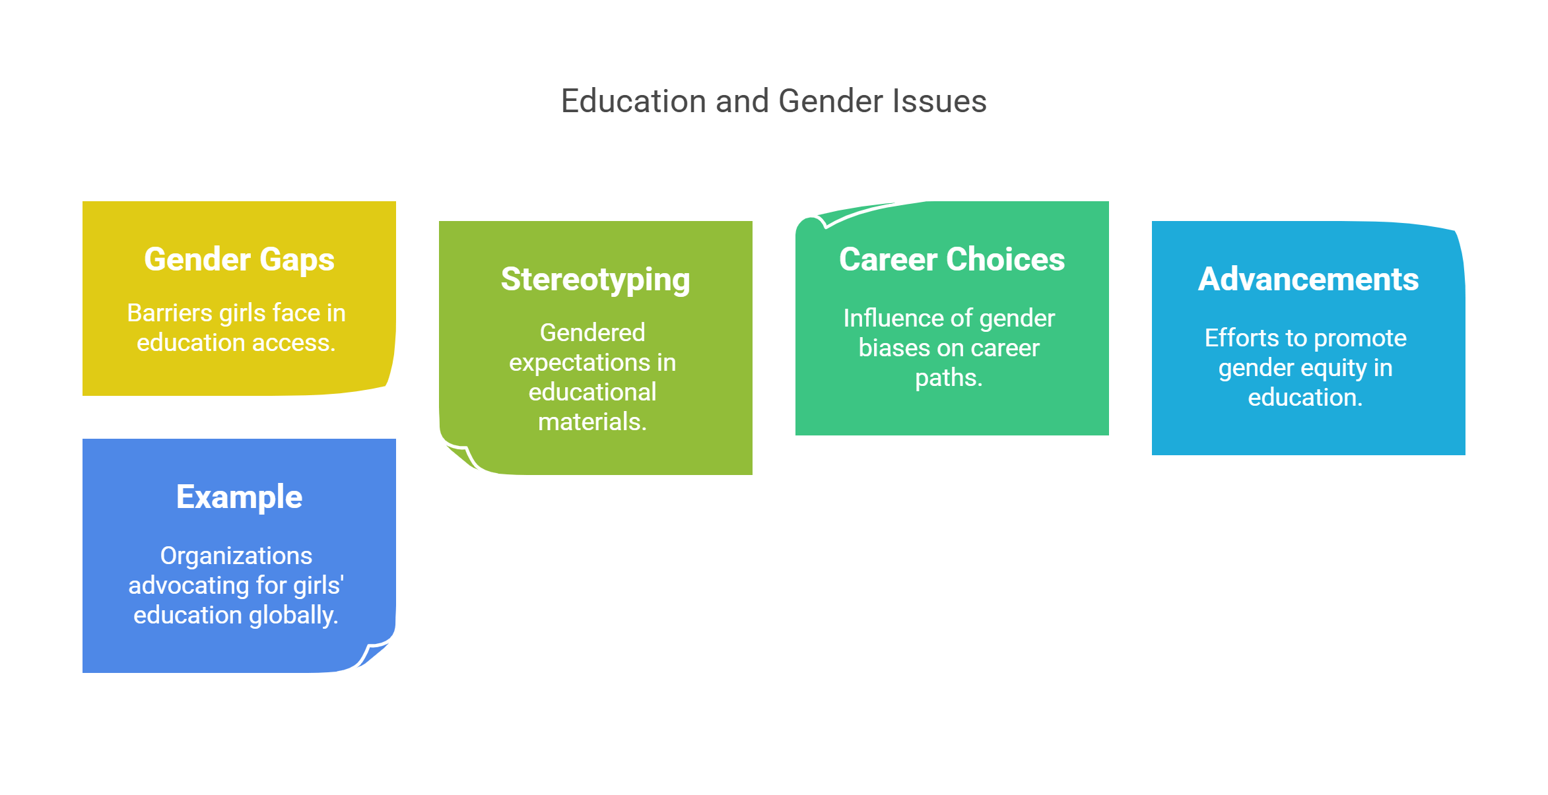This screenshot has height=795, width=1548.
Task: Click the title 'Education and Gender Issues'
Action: tap(774, 102)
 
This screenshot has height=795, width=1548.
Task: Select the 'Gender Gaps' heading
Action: tap(239, 259)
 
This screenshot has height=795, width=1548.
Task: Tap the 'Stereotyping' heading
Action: tap(595, 279)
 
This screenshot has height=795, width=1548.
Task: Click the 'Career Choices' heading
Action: tap(952, 259)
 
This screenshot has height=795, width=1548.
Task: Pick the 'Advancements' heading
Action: tap(1308, 279)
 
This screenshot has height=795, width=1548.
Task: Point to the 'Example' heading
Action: tap(239, 497)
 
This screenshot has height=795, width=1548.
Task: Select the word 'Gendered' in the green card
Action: tap(592, 333)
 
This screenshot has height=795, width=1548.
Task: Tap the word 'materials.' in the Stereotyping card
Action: tap(592, 422)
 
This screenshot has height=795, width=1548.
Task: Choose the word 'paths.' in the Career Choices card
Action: tap(949, 377)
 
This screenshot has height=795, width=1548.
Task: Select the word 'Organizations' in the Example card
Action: tap(236, 556)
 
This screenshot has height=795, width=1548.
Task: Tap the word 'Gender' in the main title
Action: tap(830, 102)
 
